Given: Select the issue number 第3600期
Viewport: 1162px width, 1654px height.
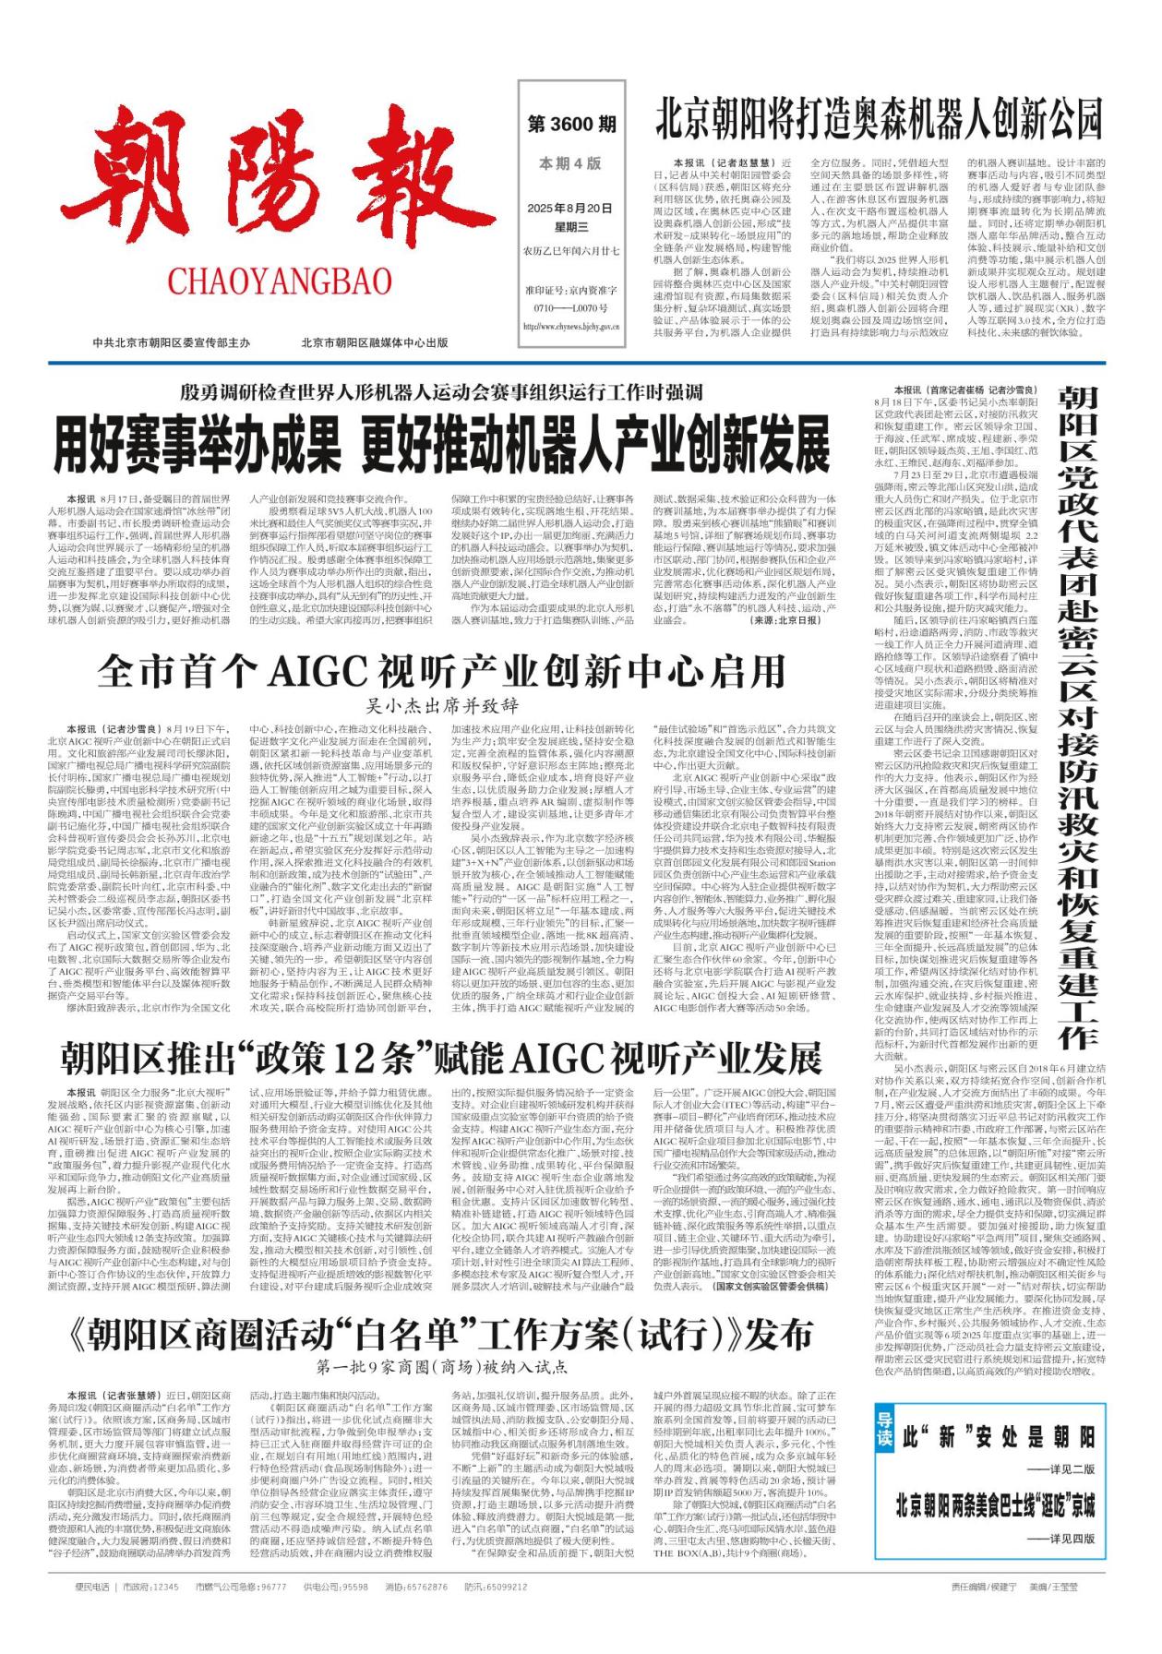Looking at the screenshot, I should [571, 124].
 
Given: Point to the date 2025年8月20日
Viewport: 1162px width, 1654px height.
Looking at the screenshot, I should [570, 209].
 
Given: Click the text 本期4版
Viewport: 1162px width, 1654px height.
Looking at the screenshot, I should [570, 163].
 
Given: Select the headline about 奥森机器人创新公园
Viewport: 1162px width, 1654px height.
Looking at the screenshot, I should [879, 118].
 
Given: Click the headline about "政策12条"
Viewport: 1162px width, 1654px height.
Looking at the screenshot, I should [441, 1058].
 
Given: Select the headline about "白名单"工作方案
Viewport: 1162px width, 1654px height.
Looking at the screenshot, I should [441, 1334].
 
